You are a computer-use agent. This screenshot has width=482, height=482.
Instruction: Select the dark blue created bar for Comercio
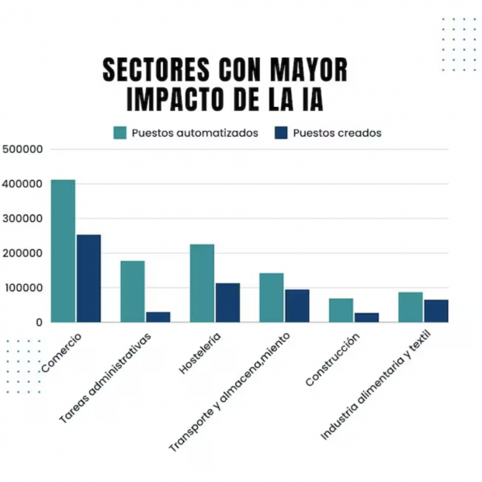(x=88, y=278)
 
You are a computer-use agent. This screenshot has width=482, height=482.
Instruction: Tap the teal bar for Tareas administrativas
(x=132, y=291)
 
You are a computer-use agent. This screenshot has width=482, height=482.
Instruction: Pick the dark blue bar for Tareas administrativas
(x=158, y=317)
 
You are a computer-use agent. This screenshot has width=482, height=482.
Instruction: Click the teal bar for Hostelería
(x=202, y=283)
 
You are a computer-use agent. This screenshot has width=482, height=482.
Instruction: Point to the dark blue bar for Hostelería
(x=227, y=302)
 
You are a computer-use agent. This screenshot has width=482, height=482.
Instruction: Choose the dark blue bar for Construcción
(x=366, y=317)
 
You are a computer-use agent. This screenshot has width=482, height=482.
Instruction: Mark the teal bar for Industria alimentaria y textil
(x=410, y=307)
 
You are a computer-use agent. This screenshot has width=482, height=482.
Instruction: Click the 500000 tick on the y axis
(x=23, y=149)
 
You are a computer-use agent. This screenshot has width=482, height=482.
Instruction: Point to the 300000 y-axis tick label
(x=23, y=218)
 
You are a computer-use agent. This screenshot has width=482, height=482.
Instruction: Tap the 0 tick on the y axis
(x=36, y=321)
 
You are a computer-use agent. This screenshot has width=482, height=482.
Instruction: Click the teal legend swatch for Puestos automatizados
(x=120, y=133)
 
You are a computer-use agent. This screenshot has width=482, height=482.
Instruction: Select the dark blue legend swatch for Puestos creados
(x=281, y=133)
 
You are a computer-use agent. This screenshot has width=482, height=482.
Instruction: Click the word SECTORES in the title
(x=156, y=70)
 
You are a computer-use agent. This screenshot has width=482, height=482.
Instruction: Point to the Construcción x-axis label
(x=333, y=360)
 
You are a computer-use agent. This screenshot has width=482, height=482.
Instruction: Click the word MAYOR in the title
(x=309, y=70)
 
